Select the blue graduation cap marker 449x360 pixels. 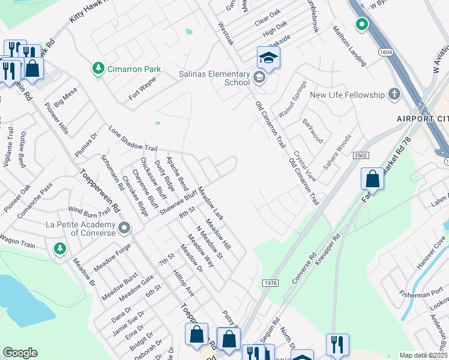268,58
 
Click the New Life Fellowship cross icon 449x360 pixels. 394,94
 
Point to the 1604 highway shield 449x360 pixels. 386,53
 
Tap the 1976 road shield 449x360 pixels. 270,282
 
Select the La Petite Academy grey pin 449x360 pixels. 124,228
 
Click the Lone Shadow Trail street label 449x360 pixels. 133,139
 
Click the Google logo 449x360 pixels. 20,352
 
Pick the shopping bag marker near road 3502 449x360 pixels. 373,178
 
